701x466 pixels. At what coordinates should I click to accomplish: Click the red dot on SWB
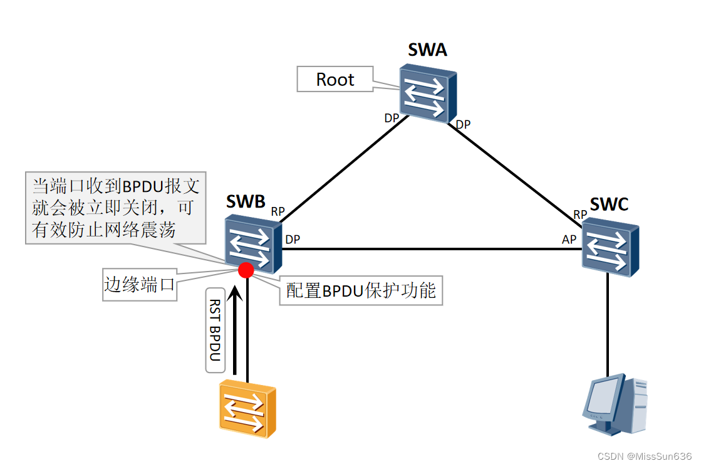coord(246,270)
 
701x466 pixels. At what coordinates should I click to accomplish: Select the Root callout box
coord(335,80)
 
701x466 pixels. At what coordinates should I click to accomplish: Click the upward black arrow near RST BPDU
coord(234,329)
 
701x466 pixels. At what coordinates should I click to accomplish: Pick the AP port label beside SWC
coord(569,240)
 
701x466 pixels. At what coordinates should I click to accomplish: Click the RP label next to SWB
coord(278,212)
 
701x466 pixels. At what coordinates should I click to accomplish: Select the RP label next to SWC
coord(580,214)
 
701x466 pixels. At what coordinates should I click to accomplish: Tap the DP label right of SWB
coord(292,240)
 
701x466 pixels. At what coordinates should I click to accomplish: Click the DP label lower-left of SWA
coord(392,117)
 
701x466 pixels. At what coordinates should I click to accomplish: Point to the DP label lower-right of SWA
coord(463,125)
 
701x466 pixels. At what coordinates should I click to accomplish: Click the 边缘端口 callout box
coord(139,285)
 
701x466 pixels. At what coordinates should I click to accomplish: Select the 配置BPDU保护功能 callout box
coord(361,290)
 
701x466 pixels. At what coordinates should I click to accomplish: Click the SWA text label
coord(427,50)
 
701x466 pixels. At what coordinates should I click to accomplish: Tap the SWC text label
coord(608,203)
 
